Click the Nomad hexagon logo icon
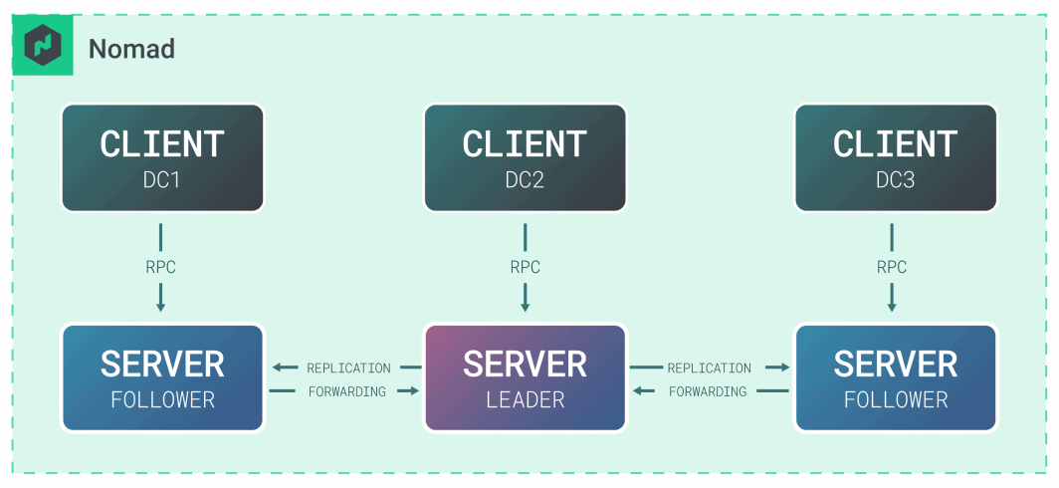[44, 47]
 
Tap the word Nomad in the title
[131, 48]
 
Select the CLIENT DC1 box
[162, 158]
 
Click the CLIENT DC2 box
[525, 158]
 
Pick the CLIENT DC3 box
[895, 158]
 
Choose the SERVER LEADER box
[525, 377]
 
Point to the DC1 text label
[162, 180]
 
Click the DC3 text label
[895, 180]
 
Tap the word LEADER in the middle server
[525, 400]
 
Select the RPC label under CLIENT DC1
[161, 267]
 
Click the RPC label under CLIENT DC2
[525, 267]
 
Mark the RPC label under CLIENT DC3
[892, 267]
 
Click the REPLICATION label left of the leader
[348, 368]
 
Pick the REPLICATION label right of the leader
[709, 368]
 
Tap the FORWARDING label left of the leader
[347, 391]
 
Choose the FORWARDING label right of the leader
[708, 391]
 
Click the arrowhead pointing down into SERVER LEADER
[525, 306]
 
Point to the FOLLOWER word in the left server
[162, 400]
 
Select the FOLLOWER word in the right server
[895, 400]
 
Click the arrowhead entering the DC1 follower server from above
[161, 306]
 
